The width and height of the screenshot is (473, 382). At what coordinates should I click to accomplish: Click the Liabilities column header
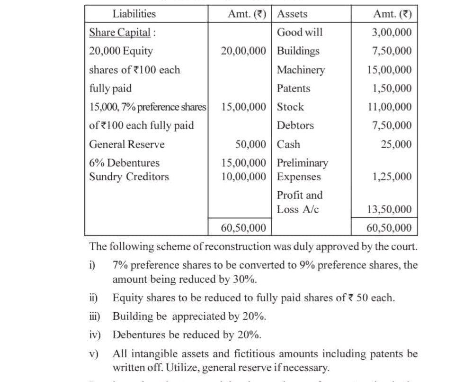(134, 14)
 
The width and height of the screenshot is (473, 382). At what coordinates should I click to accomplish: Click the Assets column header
(292, 14)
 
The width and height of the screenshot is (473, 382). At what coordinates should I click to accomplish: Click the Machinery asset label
(301, 70)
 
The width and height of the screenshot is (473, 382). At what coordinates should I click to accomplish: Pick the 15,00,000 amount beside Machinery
(389, 70)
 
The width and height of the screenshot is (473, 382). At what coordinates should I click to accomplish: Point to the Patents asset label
(294, 88)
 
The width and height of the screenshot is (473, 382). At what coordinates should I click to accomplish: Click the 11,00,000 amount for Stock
(389, 107)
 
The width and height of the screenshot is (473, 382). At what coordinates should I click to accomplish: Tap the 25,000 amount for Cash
(396, 144)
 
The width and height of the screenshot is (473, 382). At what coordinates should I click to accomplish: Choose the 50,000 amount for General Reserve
(250, 144)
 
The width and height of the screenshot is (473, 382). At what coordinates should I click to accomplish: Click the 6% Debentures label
(124, 163)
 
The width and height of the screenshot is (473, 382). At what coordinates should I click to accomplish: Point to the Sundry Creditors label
(129, 177)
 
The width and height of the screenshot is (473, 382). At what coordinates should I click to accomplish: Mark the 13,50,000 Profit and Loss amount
(389, 209)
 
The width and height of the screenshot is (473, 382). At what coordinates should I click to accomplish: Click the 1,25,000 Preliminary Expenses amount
(391, 177)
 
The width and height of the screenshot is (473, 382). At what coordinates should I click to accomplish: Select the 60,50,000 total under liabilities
(243, 228)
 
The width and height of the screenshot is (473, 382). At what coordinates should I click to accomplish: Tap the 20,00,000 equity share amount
(243, 51)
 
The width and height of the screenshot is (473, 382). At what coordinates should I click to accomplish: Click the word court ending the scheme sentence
(403, 247)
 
